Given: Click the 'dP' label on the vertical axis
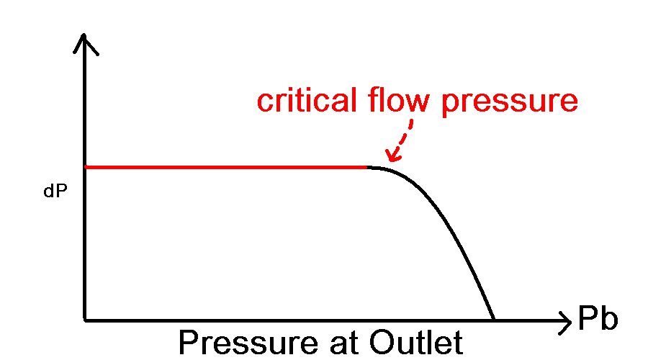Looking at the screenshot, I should coord(55,194).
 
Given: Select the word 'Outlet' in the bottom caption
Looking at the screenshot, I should coord(418,343).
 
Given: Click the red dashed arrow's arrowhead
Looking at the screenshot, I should coord(391,155).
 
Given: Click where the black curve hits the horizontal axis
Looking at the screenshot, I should coord(494,319).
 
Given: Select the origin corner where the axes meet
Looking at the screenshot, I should coord(85,319).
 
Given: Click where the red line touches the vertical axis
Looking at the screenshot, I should coord(86,167).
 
